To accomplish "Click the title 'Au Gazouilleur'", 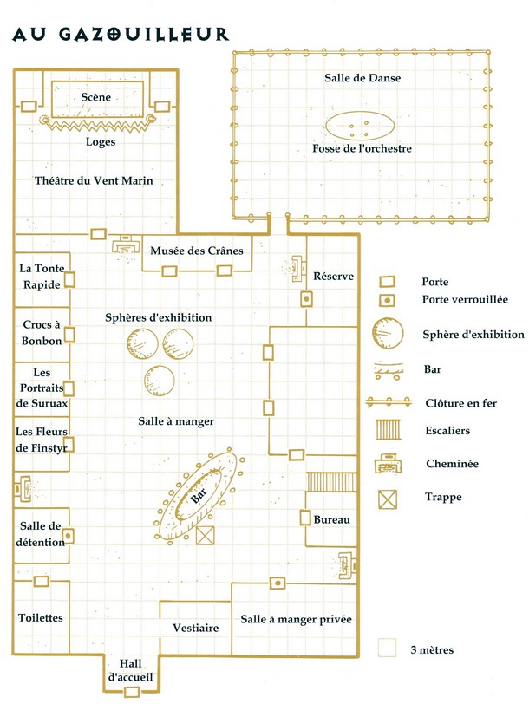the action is click(x=121, y=35).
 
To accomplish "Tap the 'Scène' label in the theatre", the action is click(x=96, y=97).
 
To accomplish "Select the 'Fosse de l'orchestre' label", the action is click(x=362, y=148).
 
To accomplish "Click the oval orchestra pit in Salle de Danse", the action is click(x=360, y=126).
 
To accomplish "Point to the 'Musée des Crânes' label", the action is click(x=197, y=251).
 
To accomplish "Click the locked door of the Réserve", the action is click(x=306, y=299).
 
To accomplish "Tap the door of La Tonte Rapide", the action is click(x=69, y=279).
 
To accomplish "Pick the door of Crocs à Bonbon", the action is click(x=69, y=335).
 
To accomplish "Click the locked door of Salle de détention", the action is click(x=69, y=535).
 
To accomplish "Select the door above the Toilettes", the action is click(x=42, y=581).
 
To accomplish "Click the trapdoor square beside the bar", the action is click(x=206, y=536).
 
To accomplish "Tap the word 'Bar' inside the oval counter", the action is click(x=199, y=495).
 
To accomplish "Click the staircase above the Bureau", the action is click(x=331, y=482).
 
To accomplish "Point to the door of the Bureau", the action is click(x=305, y=518).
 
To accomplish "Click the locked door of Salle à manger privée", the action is click(x=277, y=583).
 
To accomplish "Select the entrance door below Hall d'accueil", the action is click(x=131, y=691).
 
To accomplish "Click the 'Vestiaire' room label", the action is click(x=196, y=628).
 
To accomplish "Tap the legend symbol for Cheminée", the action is click(x=388, y=464).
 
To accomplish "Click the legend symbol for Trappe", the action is click(x=388, y=499).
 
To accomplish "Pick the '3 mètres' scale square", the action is click(x=388, y=648).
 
